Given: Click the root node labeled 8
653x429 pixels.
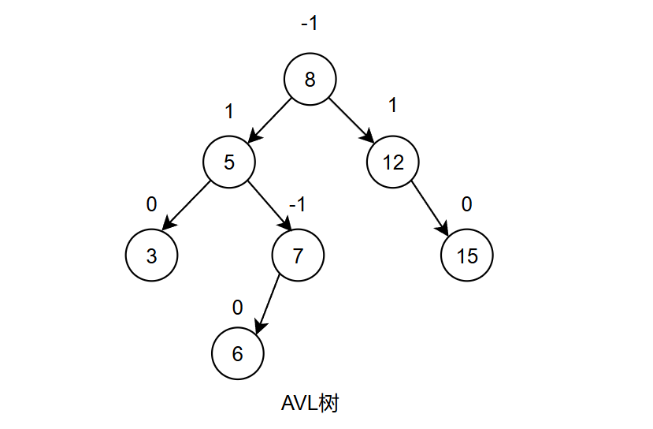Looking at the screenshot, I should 310,80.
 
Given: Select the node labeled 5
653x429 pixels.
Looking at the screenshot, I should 229,162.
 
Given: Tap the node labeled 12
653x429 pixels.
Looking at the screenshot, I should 393,162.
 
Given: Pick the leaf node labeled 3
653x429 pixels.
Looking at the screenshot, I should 151,256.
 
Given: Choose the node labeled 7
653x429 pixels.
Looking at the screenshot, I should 298,256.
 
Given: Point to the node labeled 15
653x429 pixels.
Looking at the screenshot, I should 466,256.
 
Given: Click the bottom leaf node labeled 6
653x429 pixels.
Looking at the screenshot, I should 237,354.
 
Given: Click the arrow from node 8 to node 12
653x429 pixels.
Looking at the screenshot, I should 351,121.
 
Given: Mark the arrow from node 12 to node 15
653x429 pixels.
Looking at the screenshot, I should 429,210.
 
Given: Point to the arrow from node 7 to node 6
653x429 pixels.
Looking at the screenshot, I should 269,304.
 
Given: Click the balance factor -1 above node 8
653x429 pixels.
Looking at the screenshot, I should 309,24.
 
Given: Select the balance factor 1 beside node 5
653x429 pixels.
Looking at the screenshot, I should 229,112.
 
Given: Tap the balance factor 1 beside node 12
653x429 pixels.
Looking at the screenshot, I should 392,105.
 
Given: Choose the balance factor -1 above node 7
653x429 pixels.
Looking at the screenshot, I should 297,205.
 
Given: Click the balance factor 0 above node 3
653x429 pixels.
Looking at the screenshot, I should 151,205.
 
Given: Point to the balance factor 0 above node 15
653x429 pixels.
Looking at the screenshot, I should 466,205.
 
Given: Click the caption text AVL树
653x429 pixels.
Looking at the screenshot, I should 310,404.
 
